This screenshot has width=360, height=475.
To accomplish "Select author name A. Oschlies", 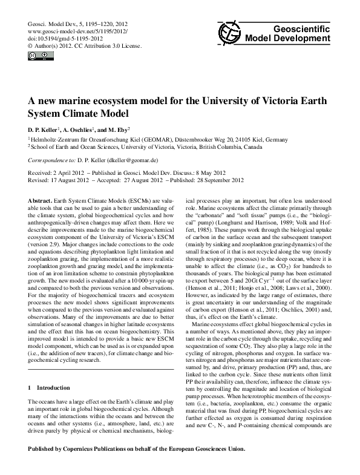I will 78,130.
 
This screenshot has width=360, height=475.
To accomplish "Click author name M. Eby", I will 119,130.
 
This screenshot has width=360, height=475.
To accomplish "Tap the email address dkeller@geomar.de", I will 131,162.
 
